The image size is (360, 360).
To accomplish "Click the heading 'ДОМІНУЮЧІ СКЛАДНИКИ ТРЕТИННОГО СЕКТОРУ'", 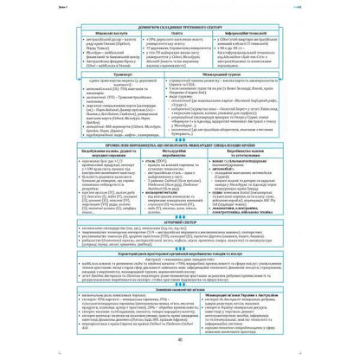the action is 179,29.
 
